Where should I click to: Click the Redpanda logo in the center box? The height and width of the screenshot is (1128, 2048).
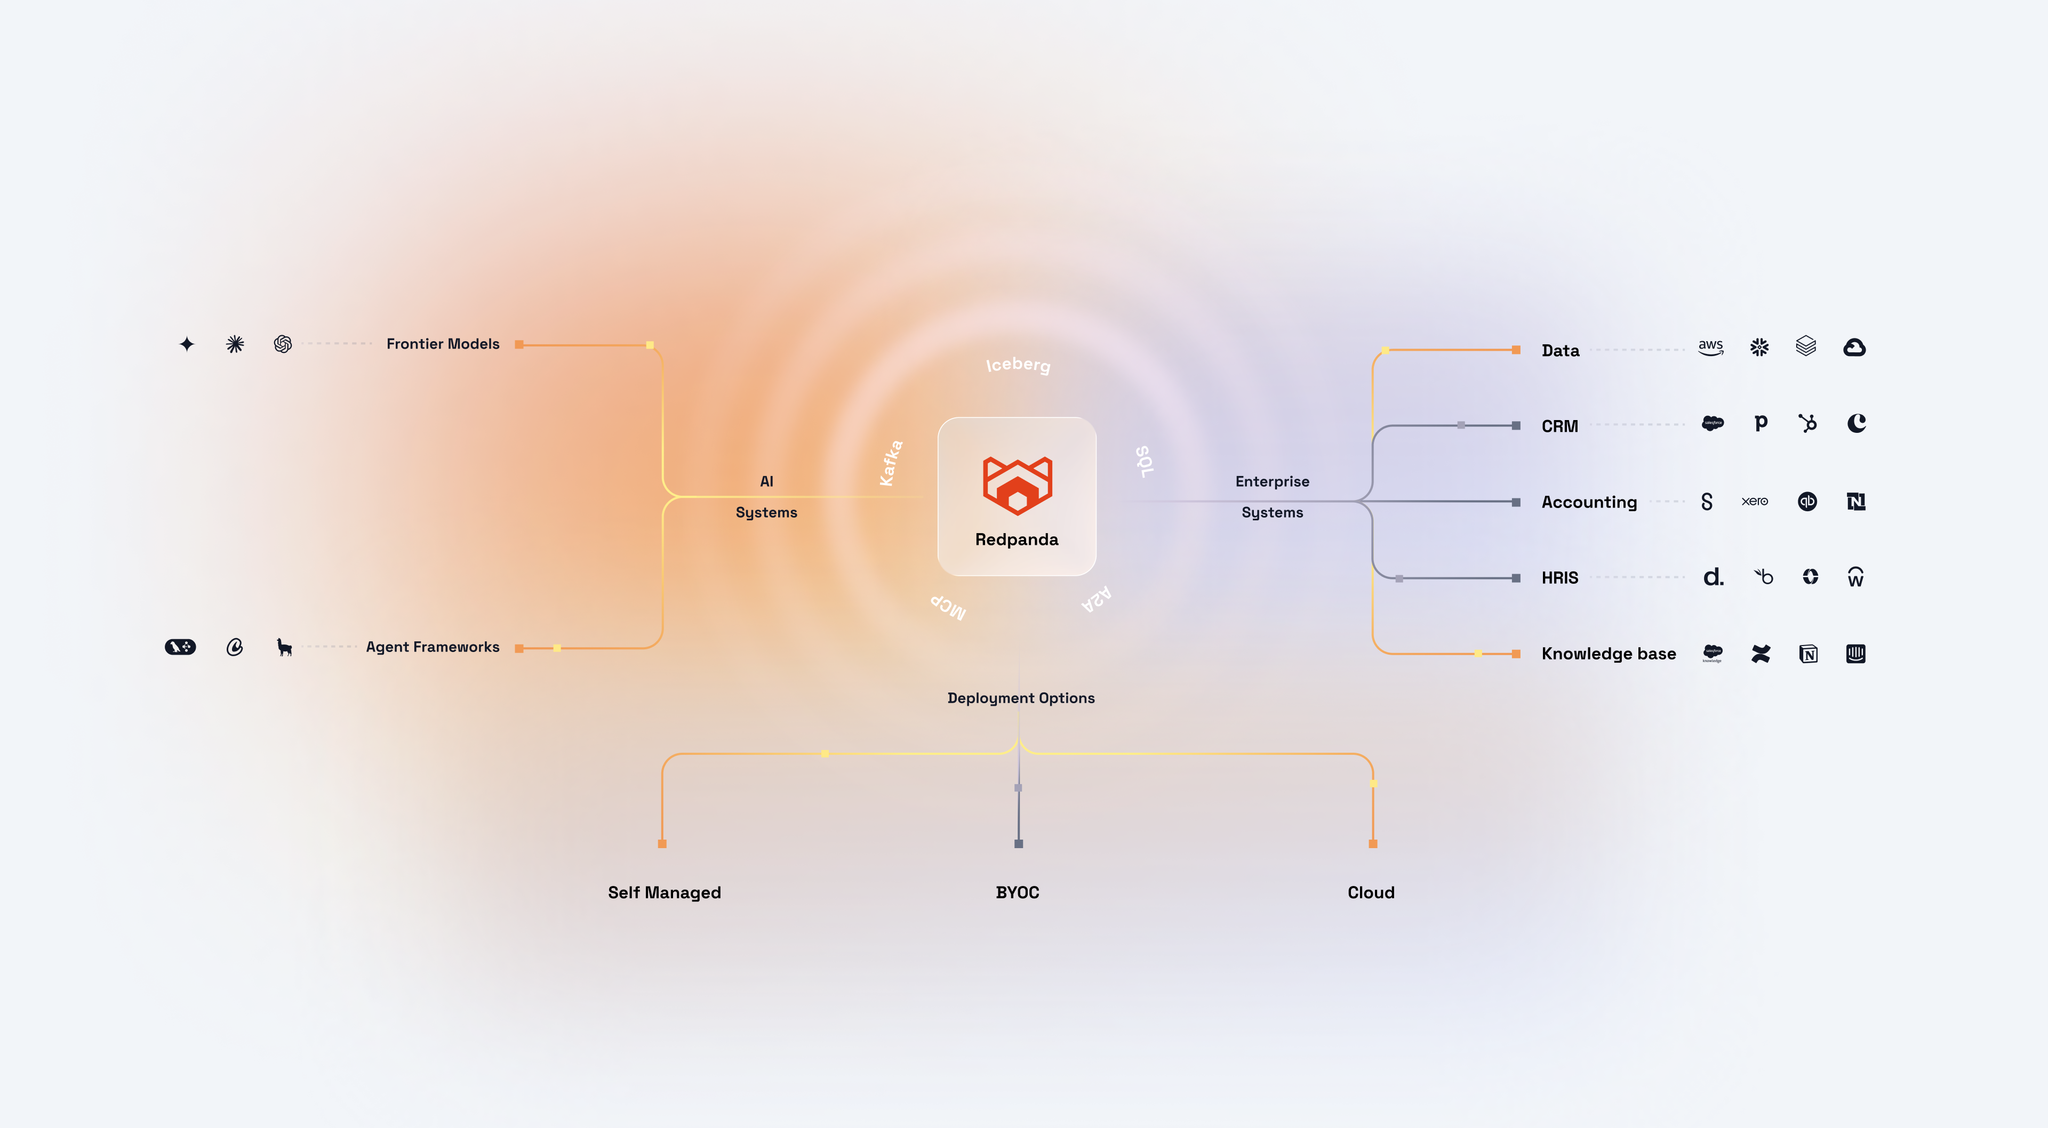pos(1017,485)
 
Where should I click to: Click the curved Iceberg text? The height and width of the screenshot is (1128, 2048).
pos(1018,365)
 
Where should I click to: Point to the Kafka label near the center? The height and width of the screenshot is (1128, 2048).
pos(891,463)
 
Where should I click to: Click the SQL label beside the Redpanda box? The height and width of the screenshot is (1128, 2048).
pos(1144,461)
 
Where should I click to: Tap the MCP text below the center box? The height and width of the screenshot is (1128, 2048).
pos(948,607)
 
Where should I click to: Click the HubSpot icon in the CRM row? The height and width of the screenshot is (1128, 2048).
pos(1807,423)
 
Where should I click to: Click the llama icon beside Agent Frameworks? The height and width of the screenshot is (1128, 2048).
pos(284,647)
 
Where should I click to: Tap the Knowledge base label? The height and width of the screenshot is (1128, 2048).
pos(1609,654)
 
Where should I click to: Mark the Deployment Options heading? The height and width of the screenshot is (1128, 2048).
pos(1021,698)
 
